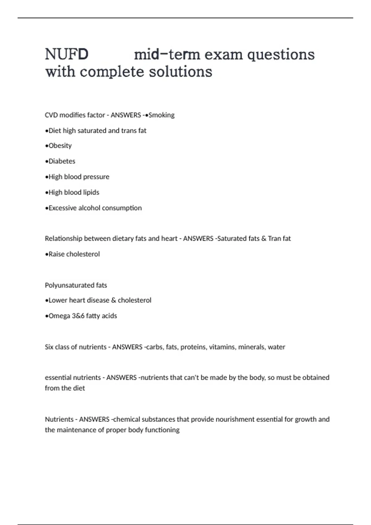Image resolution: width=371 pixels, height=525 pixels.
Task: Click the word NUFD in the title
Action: tap(67, 55)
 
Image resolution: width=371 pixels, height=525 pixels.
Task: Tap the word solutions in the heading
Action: tap(181, 72)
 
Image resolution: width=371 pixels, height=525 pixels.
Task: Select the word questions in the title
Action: tap(281, 55)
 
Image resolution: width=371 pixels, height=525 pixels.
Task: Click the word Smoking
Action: tap(161, 115)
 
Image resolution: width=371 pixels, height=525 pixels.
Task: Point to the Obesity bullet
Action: tap(60, 146)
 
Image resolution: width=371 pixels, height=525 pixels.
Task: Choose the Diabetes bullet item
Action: tap(62, 161)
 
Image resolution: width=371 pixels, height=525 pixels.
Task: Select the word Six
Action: tap(49, 347)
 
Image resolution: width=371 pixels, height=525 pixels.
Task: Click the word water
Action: tap(276, 347)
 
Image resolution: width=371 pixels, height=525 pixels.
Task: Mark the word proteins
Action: tap(194, 347)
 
